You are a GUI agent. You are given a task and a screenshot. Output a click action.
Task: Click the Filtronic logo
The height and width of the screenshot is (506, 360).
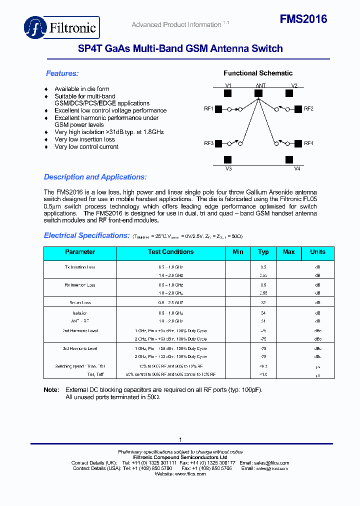click(61, 27)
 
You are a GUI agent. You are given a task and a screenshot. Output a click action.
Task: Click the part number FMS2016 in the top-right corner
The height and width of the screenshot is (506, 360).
click(303, 19)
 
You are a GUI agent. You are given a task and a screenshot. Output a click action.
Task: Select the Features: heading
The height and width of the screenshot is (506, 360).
click(62, 73)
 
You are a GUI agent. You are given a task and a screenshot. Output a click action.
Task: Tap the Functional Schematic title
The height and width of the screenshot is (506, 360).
click(258, 73)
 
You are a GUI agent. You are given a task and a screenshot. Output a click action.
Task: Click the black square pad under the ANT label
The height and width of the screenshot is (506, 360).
click(258, 93)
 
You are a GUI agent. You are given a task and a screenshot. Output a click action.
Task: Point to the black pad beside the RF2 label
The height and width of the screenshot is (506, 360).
click(297, 109)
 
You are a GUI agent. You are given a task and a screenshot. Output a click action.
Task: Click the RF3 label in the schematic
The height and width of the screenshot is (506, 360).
click(208, 143)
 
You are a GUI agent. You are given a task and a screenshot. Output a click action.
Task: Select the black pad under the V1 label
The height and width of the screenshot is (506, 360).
click(227, 93)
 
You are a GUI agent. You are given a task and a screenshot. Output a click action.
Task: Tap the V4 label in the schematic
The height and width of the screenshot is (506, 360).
click(296, 169)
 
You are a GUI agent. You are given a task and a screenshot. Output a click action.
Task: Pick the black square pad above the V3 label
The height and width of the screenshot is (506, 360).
click(227, 159)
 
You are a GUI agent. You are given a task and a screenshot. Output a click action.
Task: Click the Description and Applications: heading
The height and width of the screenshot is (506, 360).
click(95, 177)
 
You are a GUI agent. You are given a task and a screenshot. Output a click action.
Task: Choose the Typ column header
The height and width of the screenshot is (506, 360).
click(263, 252)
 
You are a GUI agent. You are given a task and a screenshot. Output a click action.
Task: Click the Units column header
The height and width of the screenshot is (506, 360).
click(317, 252)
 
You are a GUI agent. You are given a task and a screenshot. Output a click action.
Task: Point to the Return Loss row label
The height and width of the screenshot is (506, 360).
click(80, 303)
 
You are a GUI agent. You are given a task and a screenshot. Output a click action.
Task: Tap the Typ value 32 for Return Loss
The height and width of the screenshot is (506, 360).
click(263, 303)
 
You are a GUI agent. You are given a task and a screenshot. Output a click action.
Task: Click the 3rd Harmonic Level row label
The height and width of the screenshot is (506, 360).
click(80, 348)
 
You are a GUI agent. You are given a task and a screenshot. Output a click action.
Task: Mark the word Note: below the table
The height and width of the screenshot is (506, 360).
click(51, 390)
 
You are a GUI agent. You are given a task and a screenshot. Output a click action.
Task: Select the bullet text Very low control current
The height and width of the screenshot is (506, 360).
click(86, 147)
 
